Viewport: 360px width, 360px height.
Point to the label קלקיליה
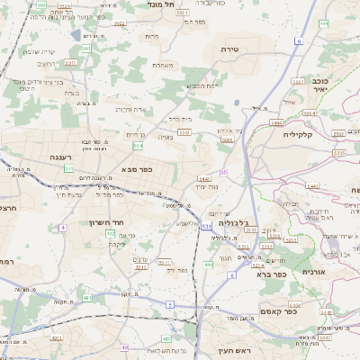point(296,133)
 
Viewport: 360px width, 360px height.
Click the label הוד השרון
point(106,221)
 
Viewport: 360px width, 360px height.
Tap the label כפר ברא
point(271,275)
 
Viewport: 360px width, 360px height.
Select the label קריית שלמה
point(40,50)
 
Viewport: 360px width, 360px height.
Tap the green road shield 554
point(137,145)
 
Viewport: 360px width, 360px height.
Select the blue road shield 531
point(206,225)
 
